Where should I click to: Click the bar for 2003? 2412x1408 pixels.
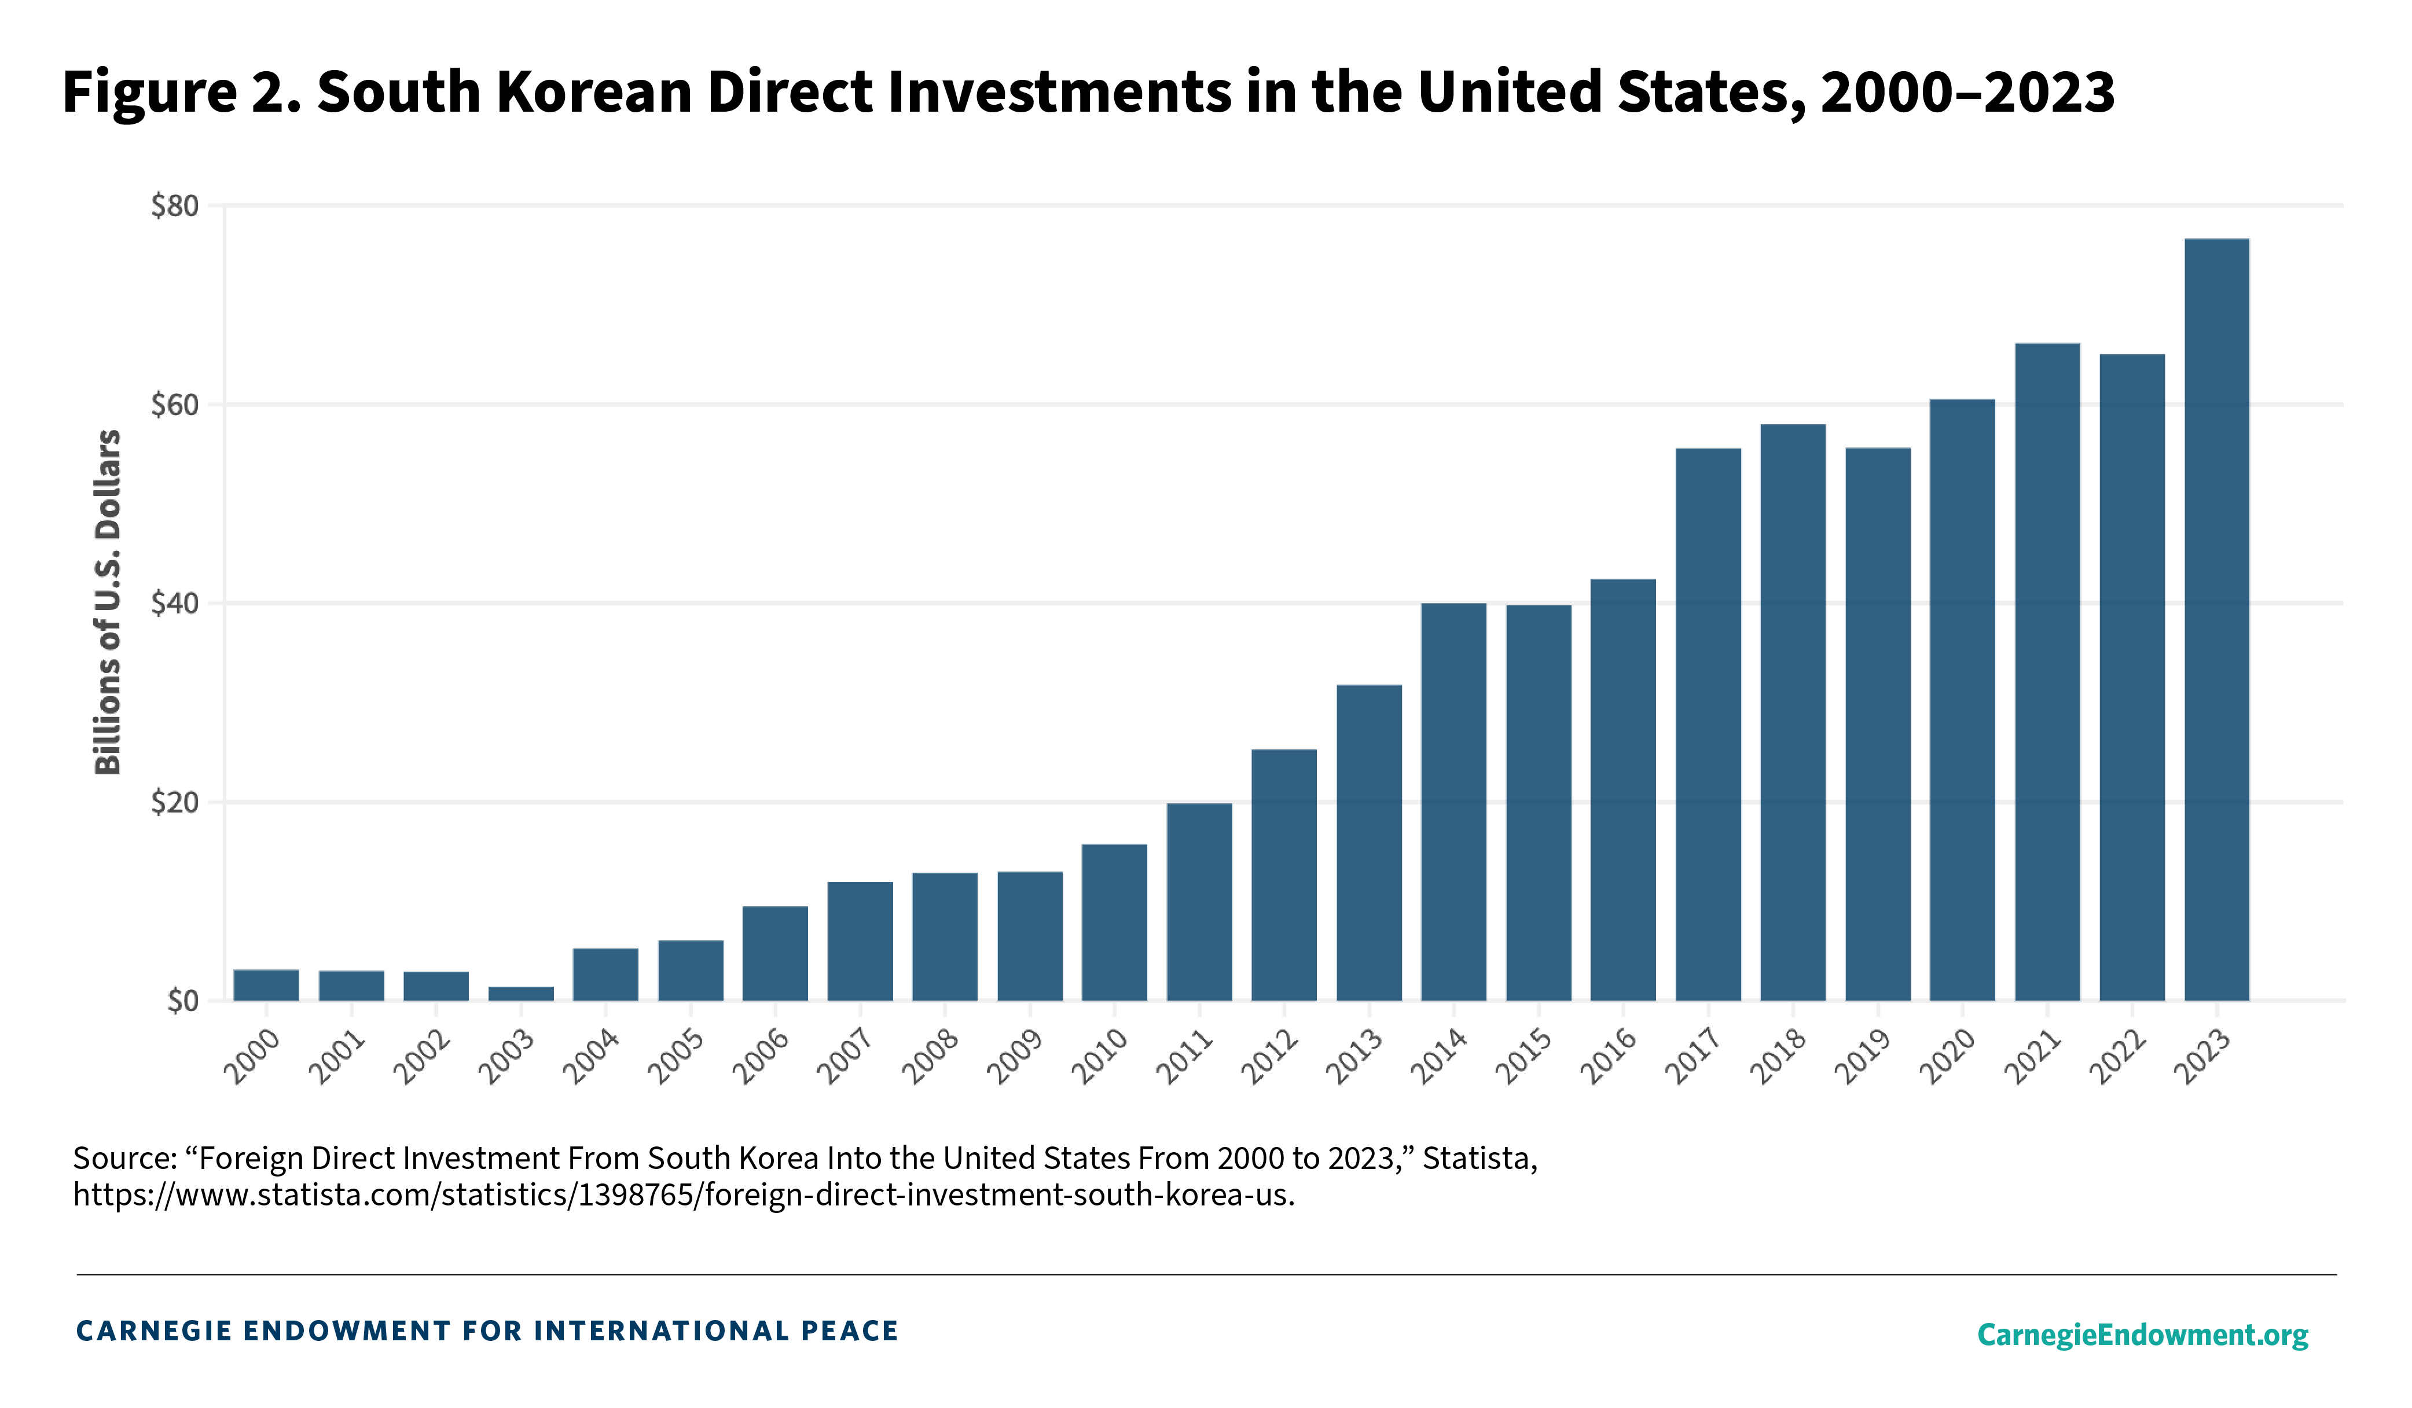pyautogui.click(x=521, y=994)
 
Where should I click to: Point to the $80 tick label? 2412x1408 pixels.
pyautogui.click(x=175, y=206)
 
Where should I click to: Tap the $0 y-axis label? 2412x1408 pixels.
pyautogui.click(x=182, y=1001)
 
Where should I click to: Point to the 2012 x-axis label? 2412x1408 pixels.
pyautogui.click(x=1270, y=1057)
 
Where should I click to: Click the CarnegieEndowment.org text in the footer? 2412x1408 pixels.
pyautogui.click(x=2142, y=1335)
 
